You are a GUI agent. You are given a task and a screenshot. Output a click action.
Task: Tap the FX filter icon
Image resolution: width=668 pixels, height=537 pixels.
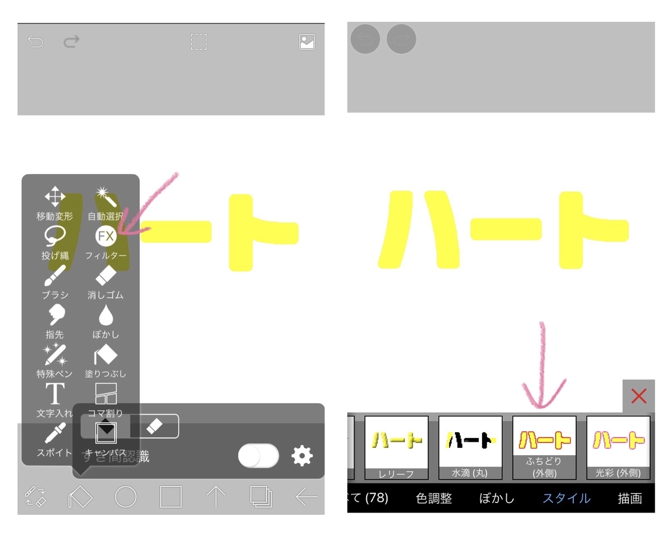[x=106, y=236]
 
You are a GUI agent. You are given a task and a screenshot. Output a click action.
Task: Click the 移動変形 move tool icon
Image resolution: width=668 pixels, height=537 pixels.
[x=55, y=197]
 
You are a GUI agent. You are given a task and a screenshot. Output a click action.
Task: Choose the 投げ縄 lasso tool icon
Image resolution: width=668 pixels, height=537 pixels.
[x=55, y=236]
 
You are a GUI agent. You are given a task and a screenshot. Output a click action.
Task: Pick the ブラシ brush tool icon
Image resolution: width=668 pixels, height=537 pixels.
[x=55, y=276]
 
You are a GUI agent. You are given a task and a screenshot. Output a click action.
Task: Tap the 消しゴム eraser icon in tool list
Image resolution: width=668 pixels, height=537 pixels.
[x=106, y=275]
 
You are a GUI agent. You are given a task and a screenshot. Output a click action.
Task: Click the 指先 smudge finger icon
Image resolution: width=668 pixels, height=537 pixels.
[x=55, y=315]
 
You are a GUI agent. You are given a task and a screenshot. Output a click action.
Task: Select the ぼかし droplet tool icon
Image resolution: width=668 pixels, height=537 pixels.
[x=106, y=315]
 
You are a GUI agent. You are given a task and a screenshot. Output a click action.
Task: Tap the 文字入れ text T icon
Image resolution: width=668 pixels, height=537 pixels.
[x=55, y=394]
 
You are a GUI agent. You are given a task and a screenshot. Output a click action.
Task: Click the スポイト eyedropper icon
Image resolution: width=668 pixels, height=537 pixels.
[x=55, y=433]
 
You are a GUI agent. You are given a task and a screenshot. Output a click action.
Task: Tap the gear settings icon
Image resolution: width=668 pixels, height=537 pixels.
[x=302, y=456]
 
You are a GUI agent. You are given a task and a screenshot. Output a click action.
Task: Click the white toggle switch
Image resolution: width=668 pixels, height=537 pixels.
[x=258, y=456]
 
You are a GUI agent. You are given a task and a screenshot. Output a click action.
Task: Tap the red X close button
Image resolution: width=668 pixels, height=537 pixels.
[x=638, y=396]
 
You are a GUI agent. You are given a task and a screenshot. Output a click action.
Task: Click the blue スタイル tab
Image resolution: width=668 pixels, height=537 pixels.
[x=566, y=498]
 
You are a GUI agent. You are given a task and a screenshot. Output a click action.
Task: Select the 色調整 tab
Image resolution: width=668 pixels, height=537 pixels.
[x=434, y=498]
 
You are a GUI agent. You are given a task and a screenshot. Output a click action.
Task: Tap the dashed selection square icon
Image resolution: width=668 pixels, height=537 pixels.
[x=199, y=42]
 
